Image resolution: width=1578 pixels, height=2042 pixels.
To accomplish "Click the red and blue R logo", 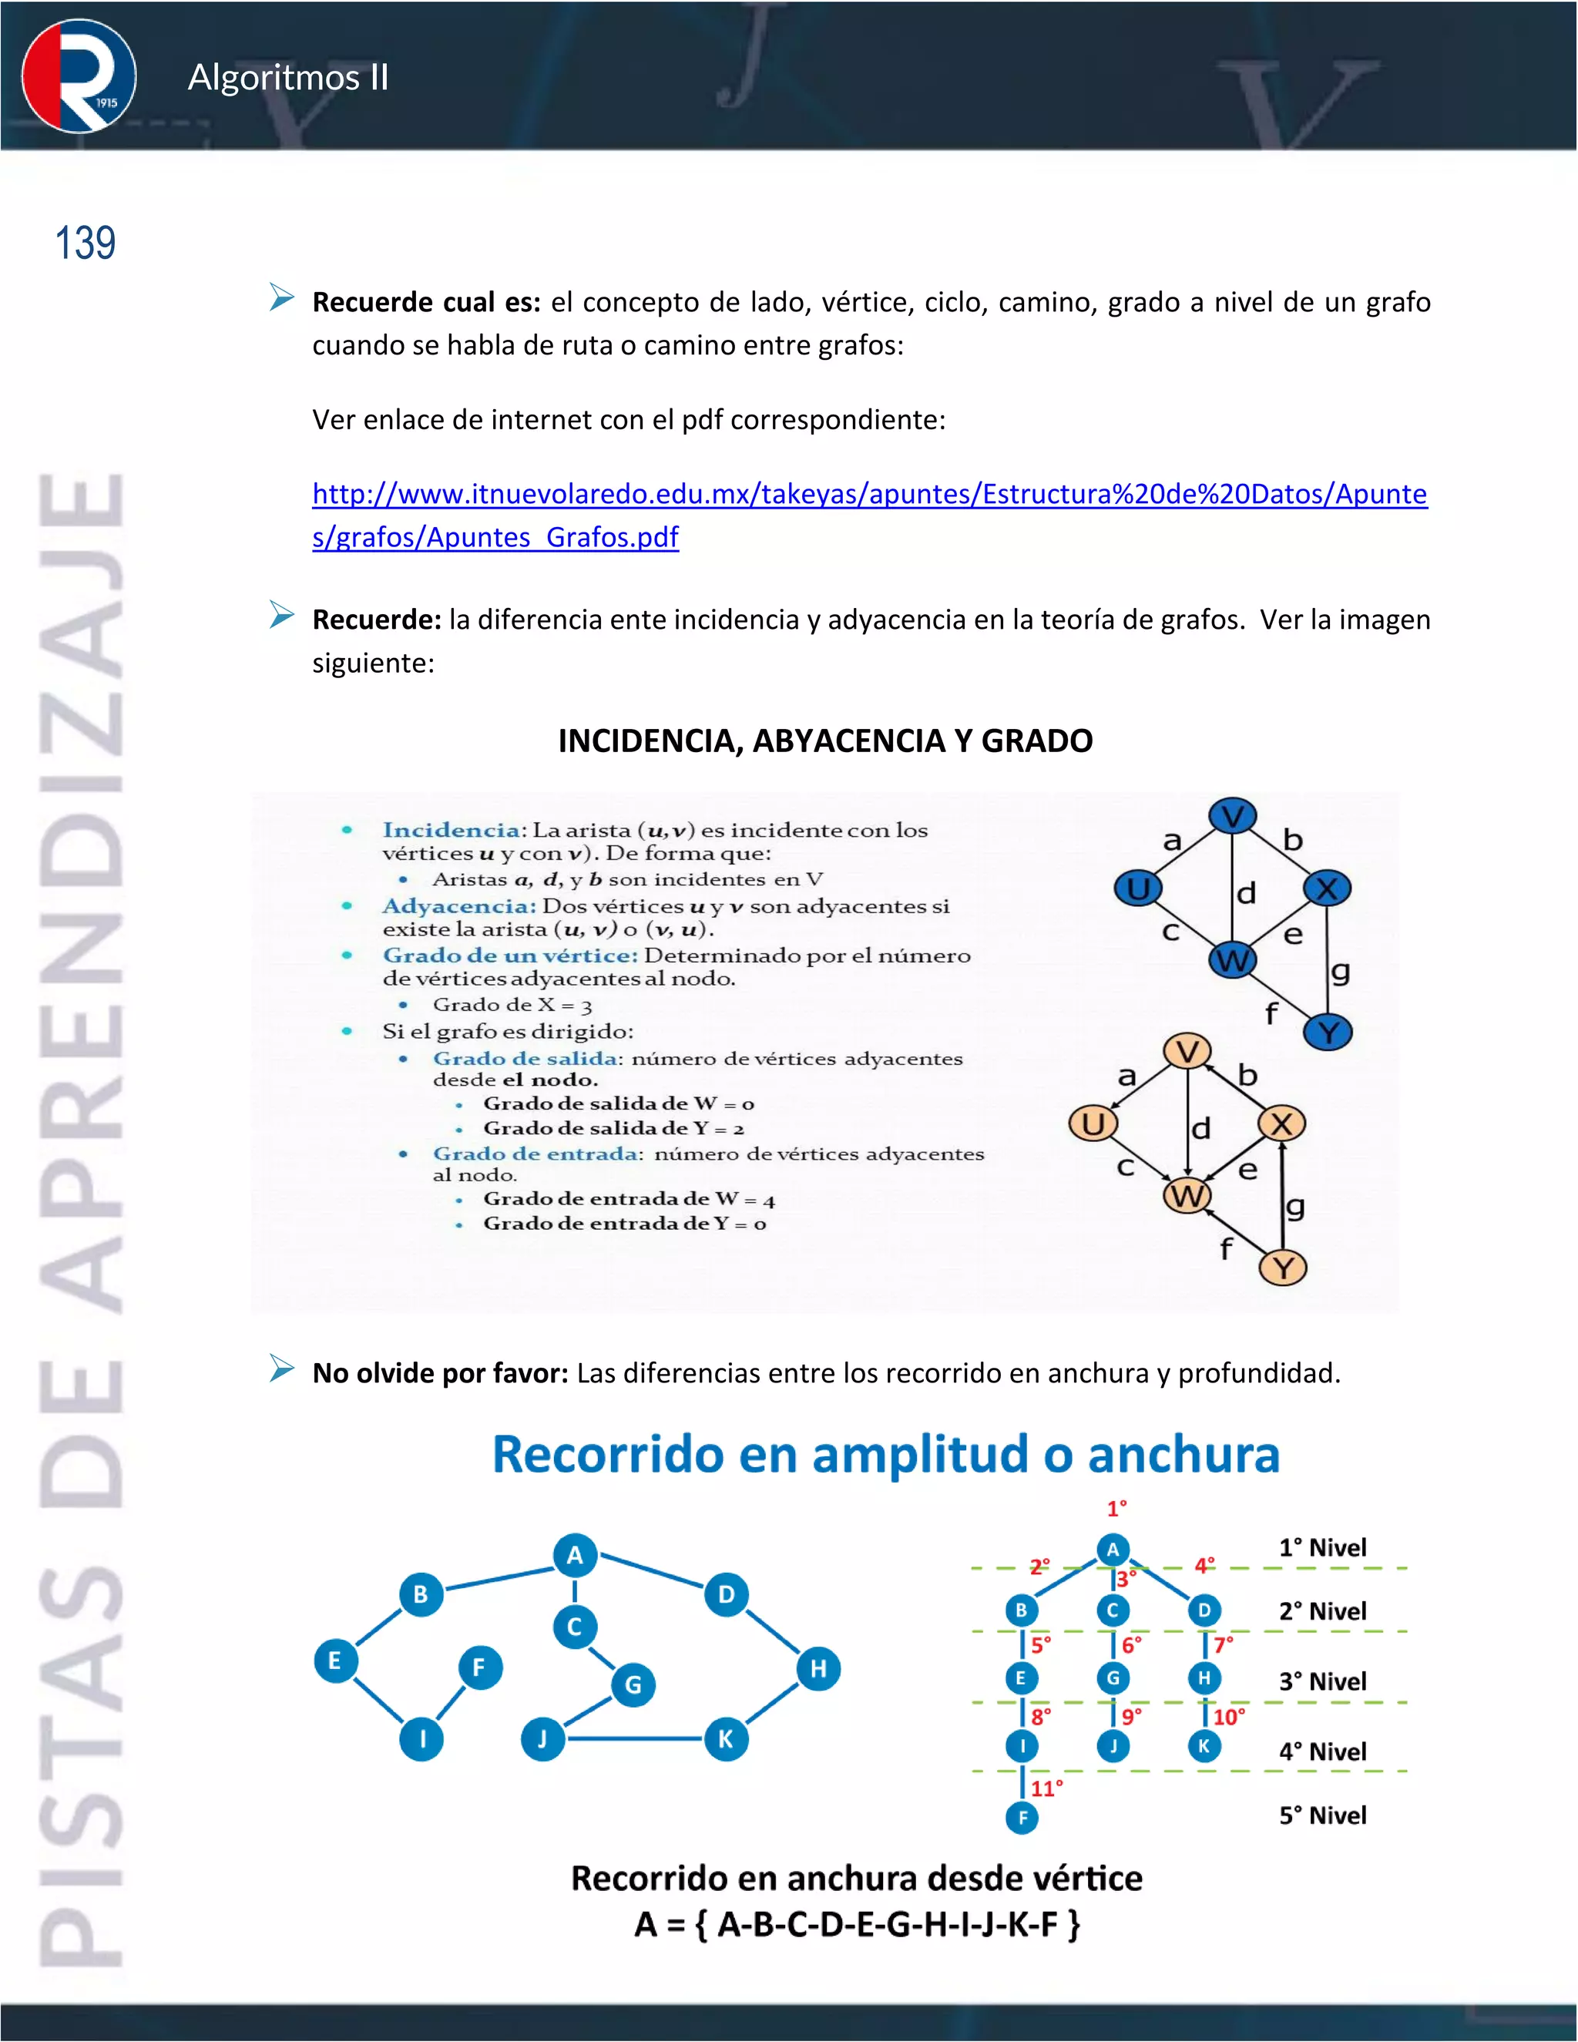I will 79,76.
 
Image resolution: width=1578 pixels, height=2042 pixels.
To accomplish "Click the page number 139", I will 85,243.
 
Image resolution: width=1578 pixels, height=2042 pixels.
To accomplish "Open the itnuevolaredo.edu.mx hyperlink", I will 868,495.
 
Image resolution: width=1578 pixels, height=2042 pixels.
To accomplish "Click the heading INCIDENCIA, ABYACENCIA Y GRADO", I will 824,741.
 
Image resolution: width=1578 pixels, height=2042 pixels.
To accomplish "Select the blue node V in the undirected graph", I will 1232,816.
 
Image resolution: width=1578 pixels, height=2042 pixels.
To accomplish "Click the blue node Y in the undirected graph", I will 1328,1033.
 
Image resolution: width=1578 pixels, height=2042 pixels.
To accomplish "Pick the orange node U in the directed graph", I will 1093,1123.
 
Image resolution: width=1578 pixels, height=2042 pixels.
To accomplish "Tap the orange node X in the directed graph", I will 1281,1123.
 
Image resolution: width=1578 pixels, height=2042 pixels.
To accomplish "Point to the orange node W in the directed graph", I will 1187,1195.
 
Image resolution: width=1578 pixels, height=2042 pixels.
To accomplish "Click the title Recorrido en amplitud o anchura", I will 885,1455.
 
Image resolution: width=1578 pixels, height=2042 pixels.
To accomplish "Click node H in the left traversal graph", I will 818,1669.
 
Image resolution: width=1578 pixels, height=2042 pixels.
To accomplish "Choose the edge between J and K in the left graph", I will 635,1739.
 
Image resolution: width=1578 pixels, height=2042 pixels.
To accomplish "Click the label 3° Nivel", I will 1322,1681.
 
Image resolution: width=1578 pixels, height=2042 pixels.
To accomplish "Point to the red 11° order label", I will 1046,1788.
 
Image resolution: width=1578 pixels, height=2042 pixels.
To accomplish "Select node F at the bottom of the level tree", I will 1022,1818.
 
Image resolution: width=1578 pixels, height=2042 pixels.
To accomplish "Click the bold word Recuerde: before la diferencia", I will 376,620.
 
